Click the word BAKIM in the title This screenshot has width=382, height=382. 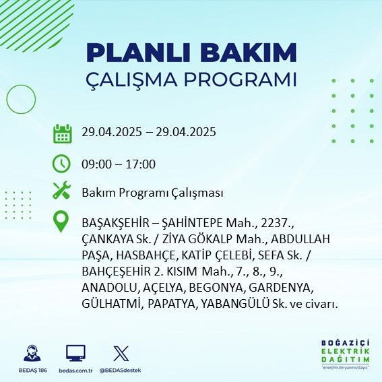click(x=254, y=53)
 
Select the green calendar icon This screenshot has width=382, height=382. click(x=62, y=133)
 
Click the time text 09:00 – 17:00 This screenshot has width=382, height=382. click(x=119, y=164)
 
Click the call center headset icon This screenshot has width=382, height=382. click(x=31, y=353)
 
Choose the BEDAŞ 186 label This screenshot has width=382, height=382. click(x=31, y=371)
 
